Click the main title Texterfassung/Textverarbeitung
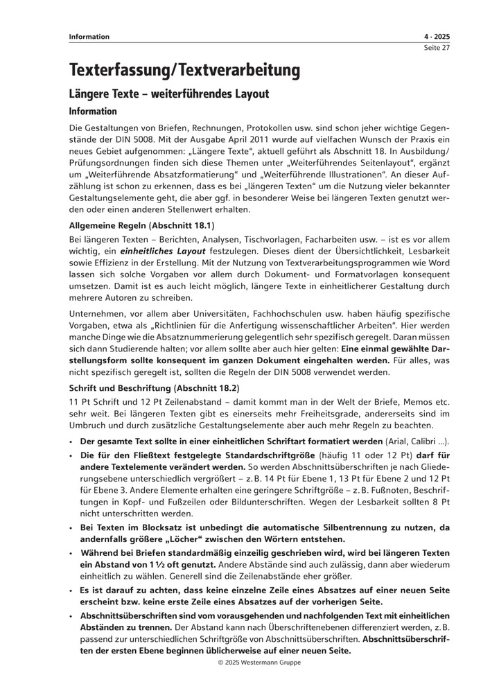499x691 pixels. (x=184, y=70)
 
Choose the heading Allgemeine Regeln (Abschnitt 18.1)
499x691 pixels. (x=142, y=225)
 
